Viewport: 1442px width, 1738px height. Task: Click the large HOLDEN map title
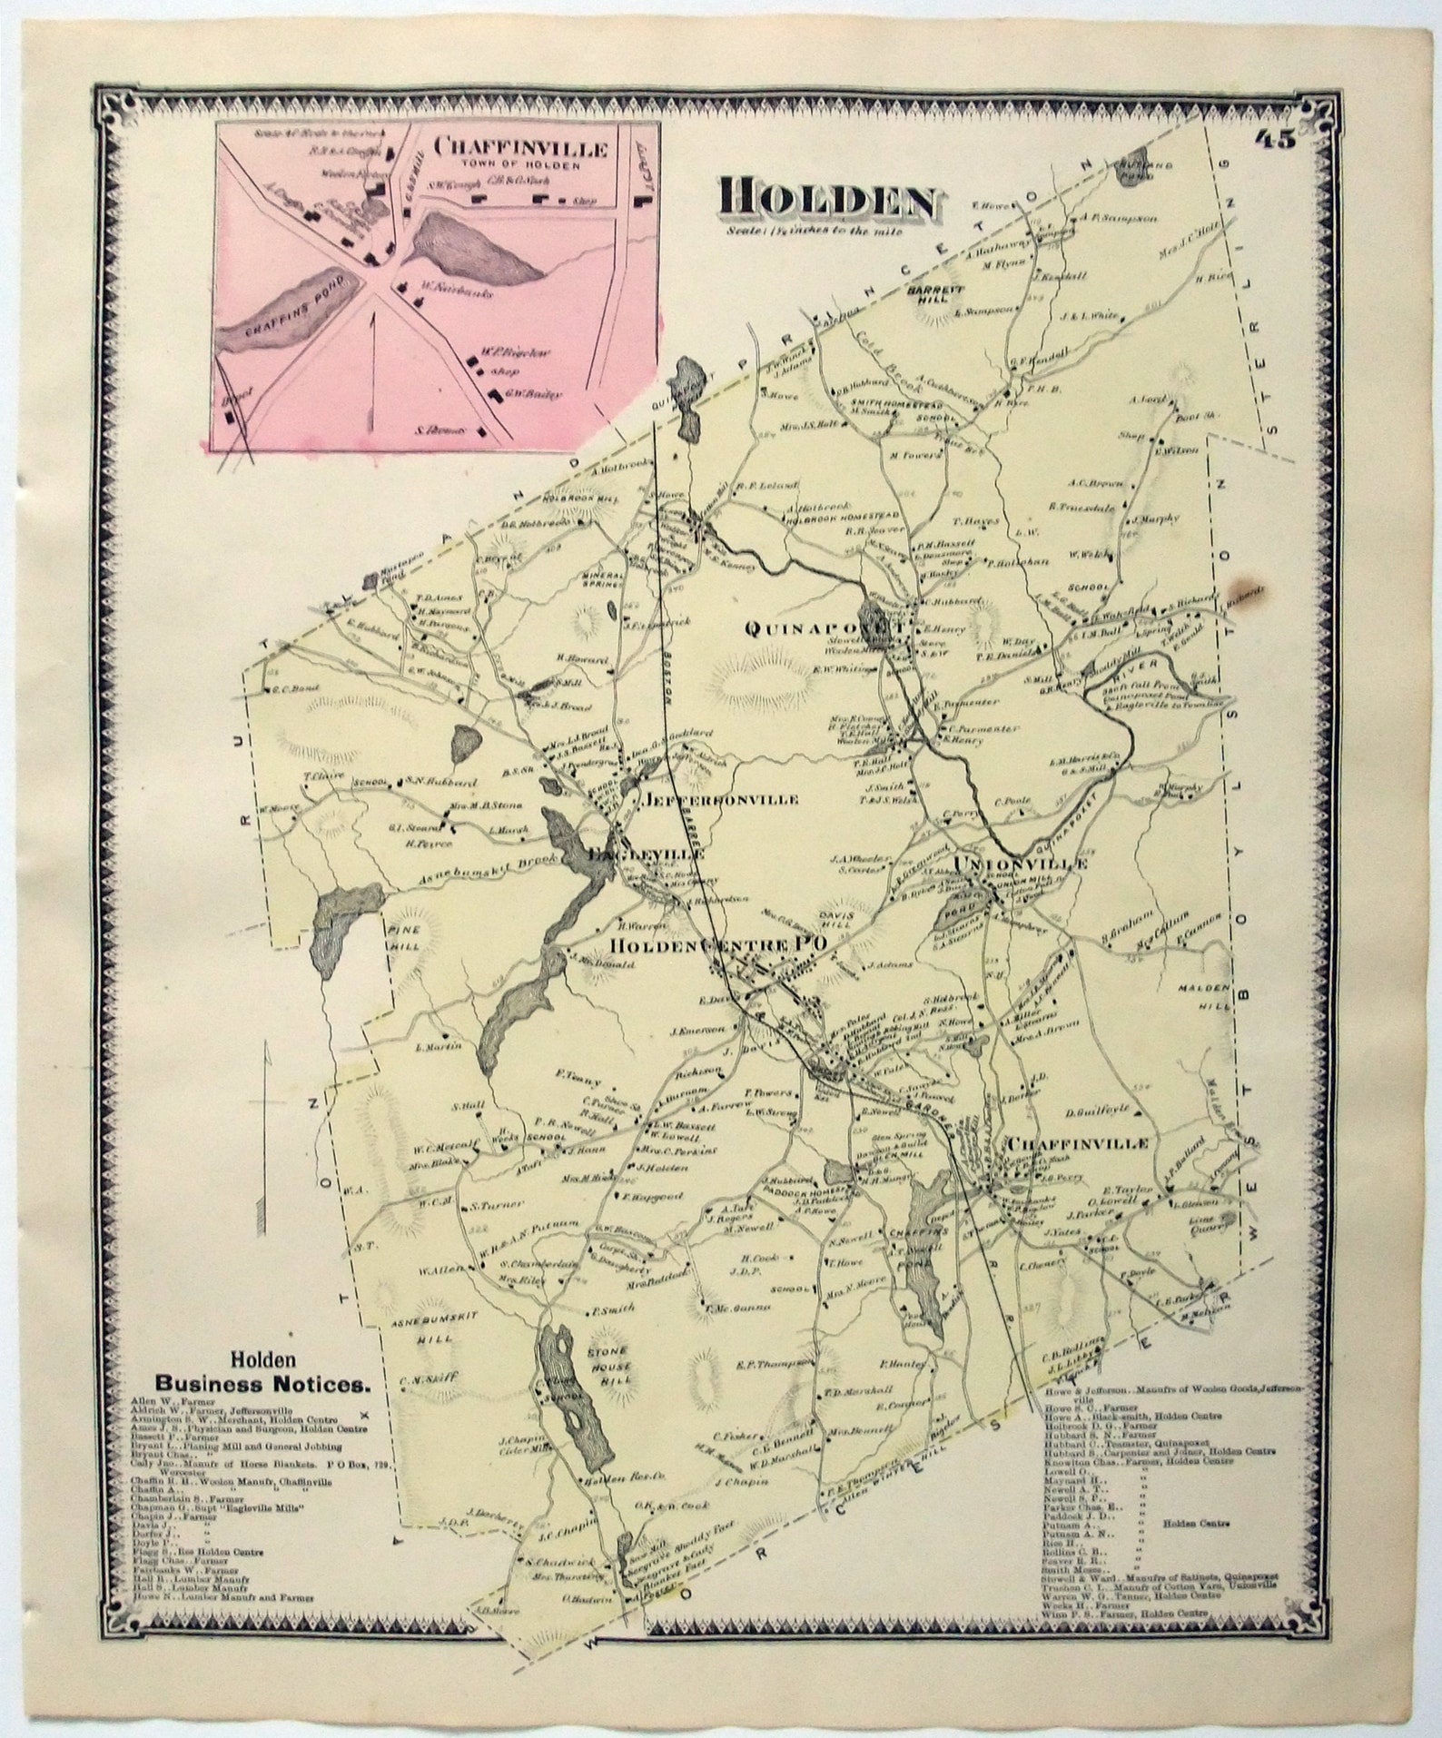[x=827, y=202]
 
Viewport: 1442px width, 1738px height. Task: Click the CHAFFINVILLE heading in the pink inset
[x=521, y=146]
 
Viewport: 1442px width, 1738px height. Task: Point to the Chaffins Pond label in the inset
[x=288, y=307]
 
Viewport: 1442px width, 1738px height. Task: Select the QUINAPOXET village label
[x=822, y=627]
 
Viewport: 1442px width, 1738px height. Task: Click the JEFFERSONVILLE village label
[x=722, y=799]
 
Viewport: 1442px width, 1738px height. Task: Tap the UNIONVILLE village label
[x=1019, y=864]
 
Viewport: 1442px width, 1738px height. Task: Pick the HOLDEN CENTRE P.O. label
[x=717, y=945]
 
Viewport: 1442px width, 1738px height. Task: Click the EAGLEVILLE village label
[x=646, y=855]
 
